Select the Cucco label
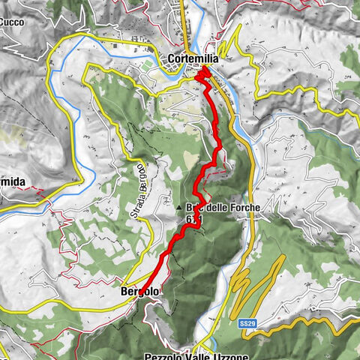[11, 22]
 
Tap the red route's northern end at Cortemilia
[202, 73]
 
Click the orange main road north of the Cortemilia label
[185, 22]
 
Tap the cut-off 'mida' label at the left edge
[13, 182]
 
